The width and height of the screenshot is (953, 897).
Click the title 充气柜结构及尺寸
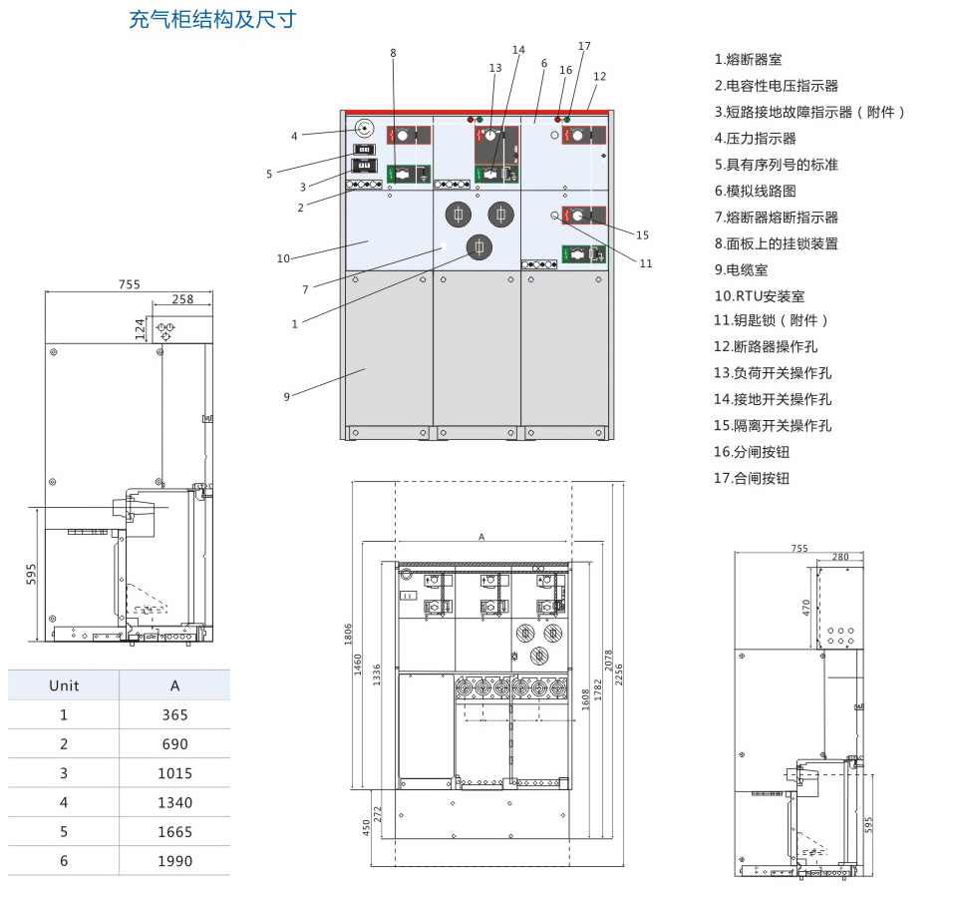[212, 20]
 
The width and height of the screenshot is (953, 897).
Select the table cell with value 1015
[174, 773]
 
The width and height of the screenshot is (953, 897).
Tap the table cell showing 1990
[174, 861]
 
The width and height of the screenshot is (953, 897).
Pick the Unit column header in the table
[64, 685]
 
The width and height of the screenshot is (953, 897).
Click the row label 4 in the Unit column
[64, 802]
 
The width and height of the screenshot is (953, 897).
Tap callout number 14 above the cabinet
[518, 50]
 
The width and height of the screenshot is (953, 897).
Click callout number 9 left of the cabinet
[286, 397]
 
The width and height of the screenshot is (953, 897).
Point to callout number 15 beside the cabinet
[642, 235]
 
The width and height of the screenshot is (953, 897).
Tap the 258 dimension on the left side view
[183, 298]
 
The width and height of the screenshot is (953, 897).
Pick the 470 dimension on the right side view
[807, 606]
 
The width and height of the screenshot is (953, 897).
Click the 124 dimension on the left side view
[142, 327]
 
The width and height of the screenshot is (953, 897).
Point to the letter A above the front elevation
[481, 537]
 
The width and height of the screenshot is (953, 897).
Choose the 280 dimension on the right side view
[839, 557]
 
